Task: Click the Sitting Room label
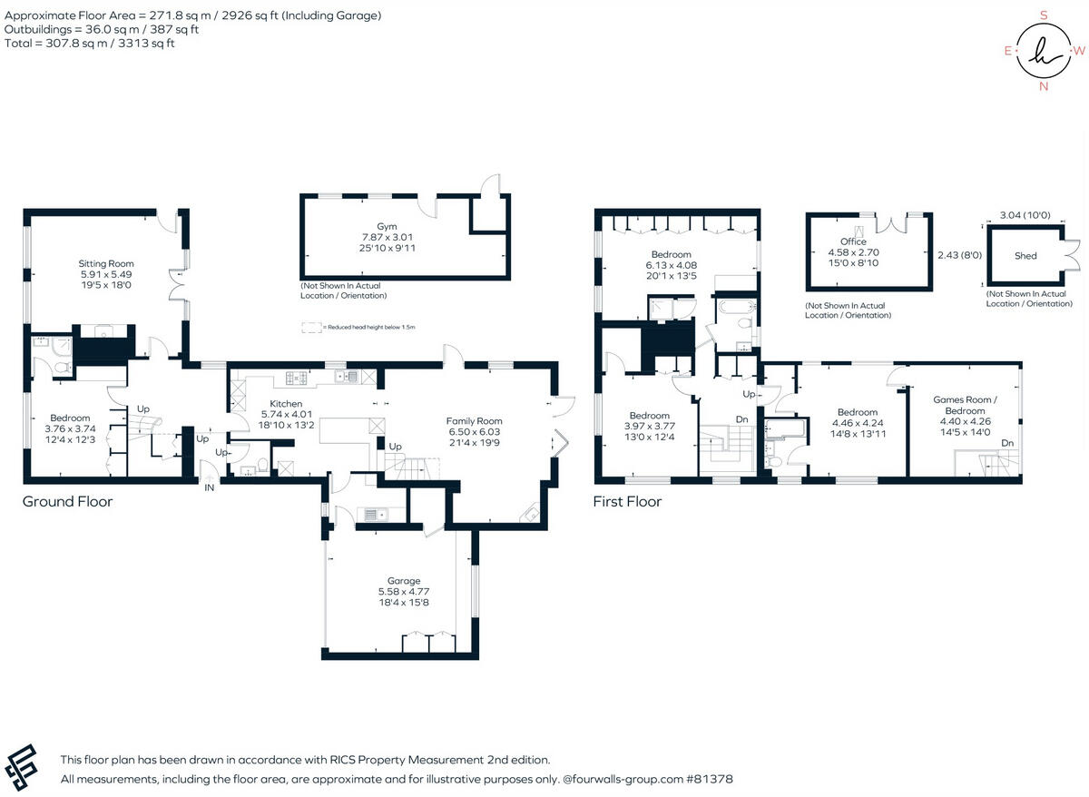(x=105, y=264)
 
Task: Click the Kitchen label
(x=286, y=404)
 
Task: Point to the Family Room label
(x=474, y=421)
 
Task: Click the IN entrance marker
(x=209, y=488)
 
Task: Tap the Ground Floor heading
(x=67, y=501)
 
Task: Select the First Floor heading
(x=627, y=501)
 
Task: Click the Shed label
(x=1025, y=256)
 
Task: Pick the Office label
(x=853, y=242)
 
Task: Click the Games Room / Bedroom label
(x=965, y=405)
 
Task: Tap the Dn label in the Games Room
(x=1007, y=443)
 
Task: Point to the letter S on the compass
(x=1044, y=15)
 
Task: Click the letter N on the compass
(x=1044, y=87)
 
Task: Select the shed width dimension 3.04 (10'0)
(x=1025, y=215)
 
